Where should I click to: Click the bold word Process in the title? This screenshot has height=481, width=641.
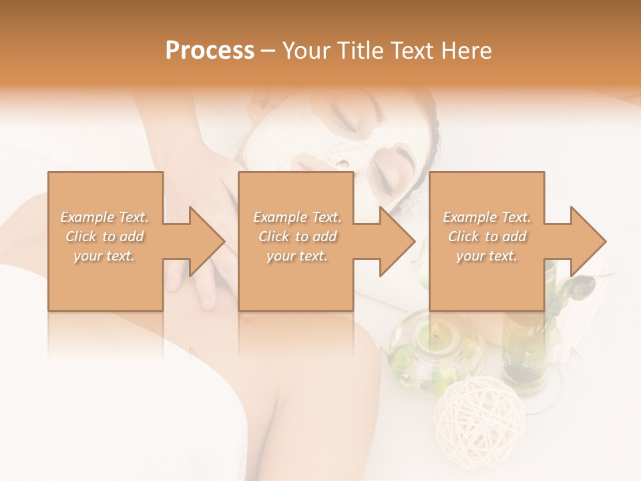point(210,51)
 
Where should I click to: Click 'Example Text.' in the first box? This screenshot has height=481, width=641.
point(105,217)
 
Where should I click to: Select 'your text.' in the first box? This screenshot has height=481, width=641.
point(105,256)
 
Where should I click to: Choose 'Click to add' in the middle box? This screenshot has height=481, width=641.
point(297,236)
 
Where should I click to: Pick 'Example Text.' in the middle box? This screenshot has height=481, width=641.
point(297,217)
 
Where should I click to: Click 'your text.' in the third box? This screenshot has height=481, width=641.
point(487,256)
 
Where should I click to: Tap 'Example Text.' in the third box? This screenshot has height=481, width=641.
point(487,217)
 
